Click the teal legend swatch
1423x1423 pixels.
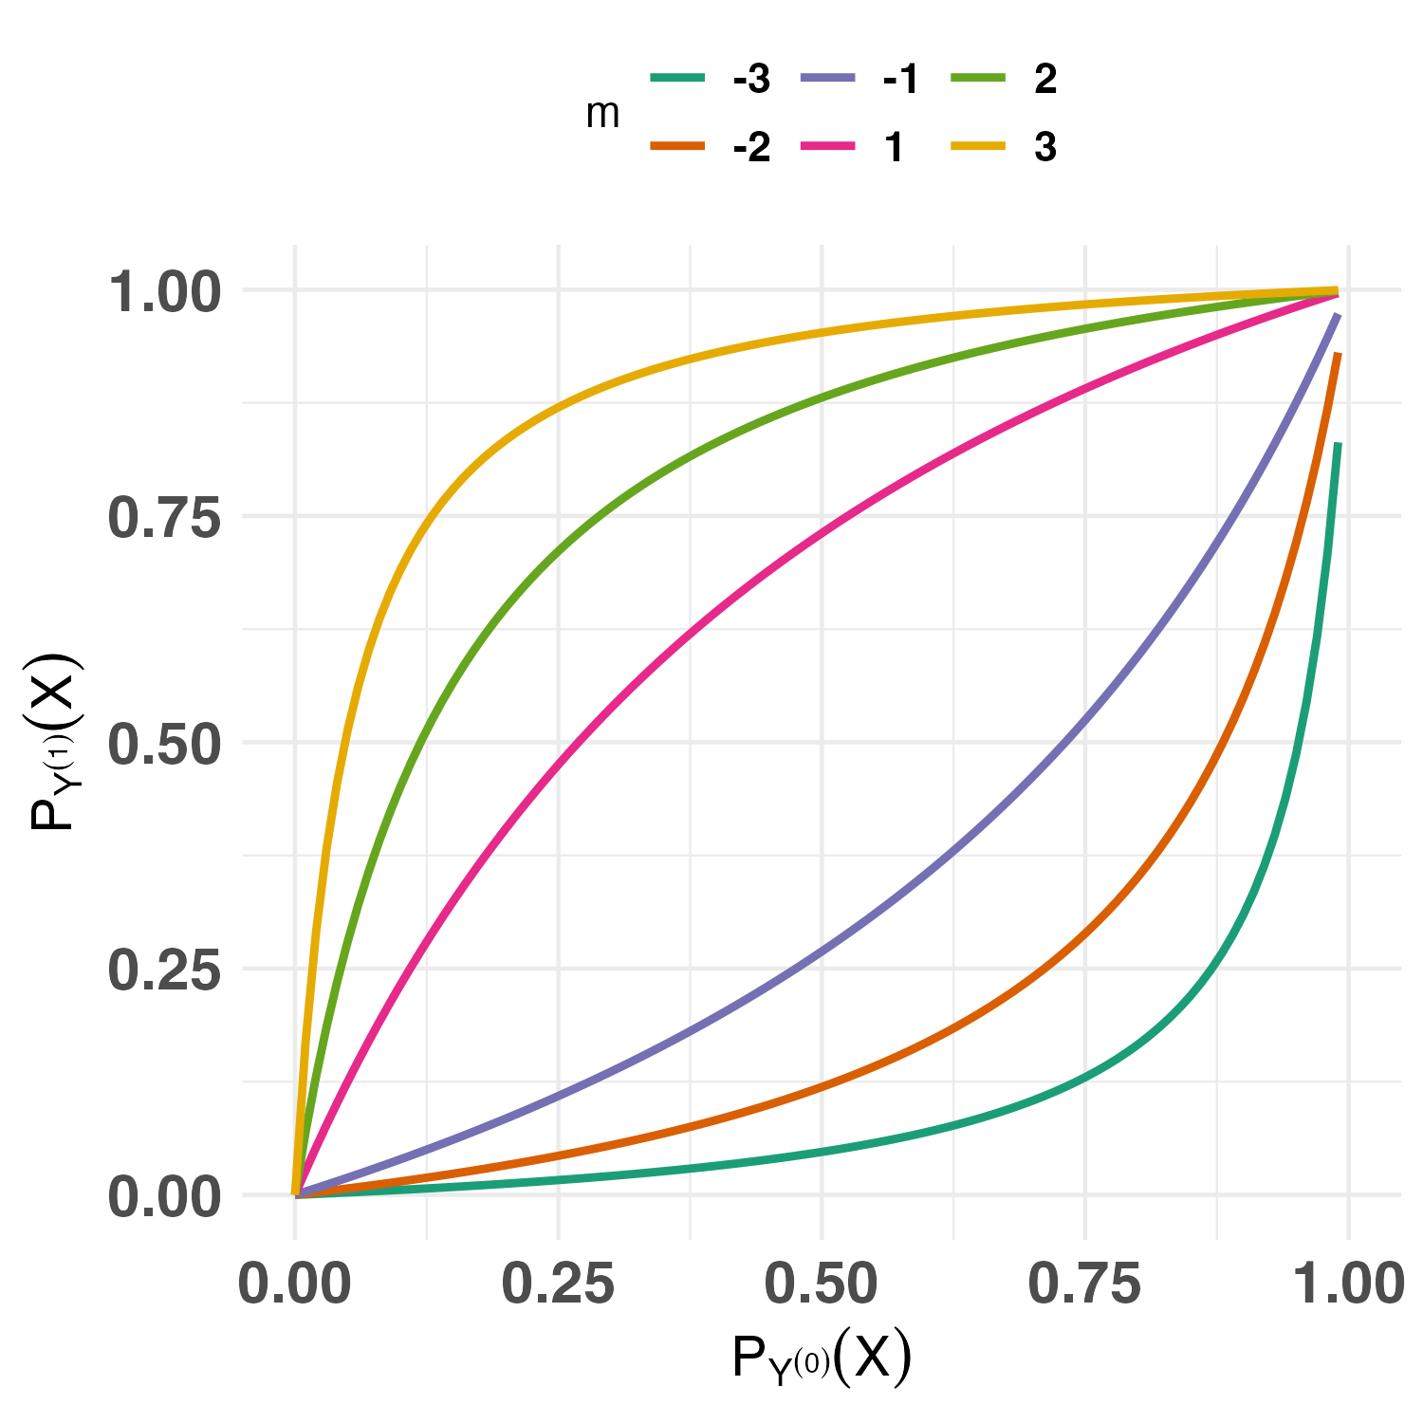(x=678, y=78)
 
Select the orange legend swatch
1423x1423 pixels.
(x=678, y=146)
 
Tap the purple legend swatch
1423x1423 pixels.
(x=828, y=78)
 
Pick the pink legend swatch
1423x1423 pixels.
(x=828, y=146)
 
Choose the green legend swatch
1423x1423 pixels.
(x=978, y=78)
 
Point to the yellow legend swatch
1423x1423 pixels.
(x=978, y=146)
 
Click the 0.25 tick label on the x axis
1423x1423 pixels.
(x=558, y=1284)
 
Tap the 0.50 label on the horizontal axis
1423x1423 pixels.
(x=822, y=1284)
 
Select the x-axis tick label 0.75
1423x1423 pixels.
(x=1084, y=1284)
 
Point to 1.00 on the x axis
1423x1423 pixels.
(x=1349, y=1284)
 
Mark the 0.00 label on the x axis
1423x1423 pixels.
(x=295, y=1284)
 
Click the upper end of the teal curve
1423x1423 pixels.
(x=1337, y=445)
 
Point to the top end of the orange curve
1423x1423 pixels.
(x=1338, y=355)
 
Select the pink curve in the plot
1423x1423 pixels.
(x=690, y=630)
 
